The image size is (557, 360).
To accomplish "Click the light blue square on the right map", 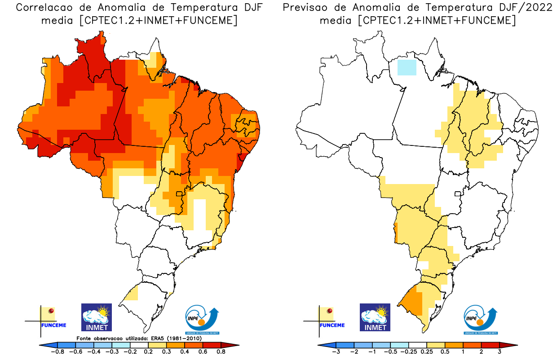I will (407, 67).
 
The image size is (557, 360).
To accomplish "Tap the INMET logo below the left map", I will (96, 317).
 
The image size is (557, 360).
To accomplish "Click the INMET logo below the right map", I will (375, 317).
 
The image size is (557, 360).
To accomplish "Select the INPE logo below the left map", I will (203, 319).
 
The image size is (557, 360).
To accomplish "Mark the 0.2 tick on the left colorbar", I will (148, 351).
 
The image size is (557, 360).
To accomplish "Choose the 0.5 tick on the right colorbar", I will (445, 351).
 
